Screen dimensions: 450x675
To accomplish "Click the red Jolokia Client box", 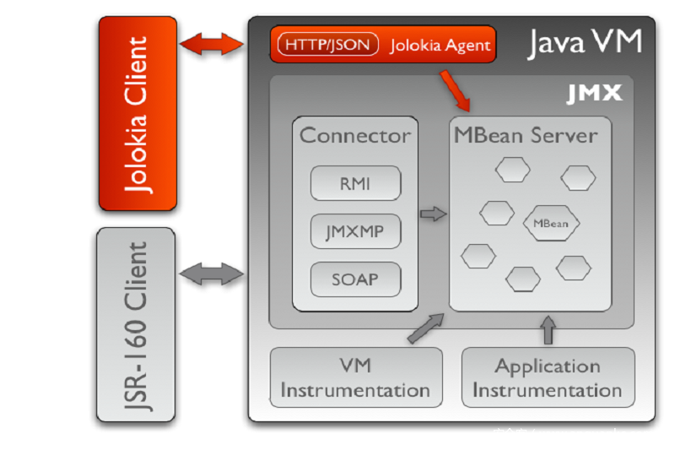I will [138, 114].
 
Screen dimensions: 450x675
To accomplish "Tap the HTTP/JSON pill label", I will [328, 45].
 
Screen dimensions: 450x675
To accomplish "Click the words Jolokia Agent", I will [440, 46].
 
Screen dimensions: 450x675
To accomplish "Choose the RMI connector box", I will [354, 182].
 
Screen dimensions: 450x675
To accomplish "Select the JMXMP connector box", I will [354, 230].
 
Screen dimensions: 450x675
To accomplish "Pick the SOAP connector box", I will [354, 279].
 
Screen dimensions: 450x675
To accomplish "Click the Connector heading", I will [355, 135].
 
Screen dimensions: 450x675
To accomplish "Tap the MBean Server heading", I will [525, 135].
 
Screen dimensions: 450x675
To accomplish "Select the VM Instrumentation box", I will [355, 378].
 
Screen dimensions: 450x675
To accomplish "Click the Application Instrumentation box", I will [548, 378].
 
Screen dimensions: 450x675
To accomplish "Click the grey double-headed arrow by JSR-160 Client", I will [211, 273].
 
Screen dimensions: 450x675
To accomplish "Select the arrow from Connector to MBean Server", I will [433, 214].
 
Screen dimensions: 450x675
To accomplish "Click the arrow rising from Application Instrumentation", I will [548, 330].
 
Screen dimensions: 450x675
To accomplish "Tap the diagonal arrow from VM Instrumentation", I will [426, 328].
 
